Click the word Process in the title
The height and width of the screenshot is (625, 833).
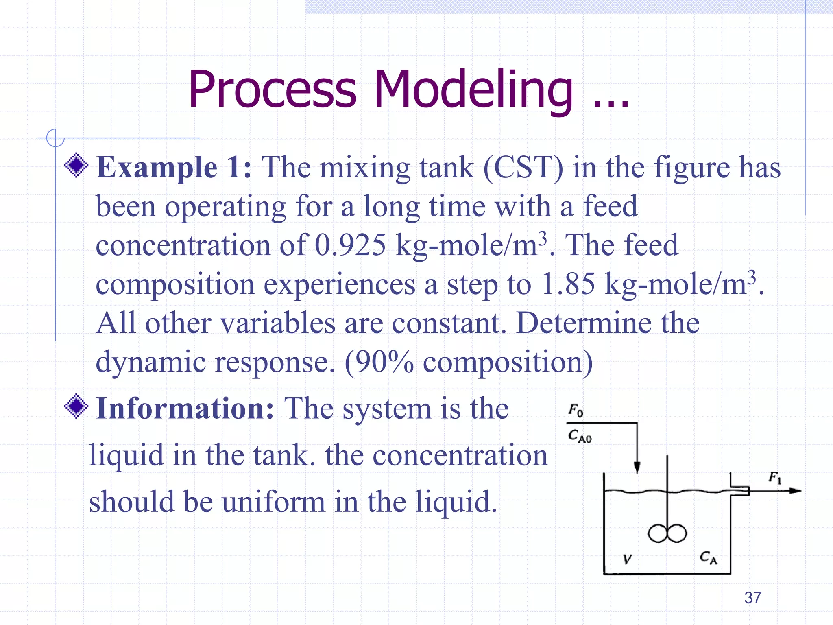[x=272, y=90]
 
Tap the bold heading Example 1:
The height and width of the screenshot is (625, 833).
[x=174, y=168]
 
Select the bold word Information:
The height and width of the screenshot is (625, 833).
[x=185, y=409]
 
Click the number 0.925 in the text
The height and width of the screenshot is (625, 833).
[x=350, y=245]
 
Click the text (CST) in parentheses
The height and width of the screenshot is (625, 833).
[x=523, y=168]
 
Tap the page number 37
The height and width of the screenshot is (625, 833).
[x=752, y=598]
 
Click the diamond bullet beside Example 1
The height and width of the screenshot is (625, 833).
[x=76, y=165]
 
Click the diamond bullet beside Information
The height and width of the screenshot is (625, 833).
[x=76, y=406]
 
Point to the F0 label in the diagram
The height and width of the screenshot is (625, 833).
[x=576, y=410]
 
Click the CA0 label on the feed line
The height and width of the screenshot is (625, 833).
[x=580, y=436]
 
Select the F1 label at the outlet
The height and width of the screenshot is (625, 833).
[x=775, y=477]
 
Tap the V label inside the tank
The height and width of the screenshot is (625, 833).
[x=627, y=559]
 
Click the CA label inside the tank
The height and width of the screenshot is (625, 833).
[x=708, y=557]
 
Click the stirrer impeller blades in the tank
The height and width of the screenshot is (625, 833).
[x=667, y=533]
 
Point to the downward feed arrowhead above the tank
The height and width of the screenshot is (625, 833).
[x=637, y=468]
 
